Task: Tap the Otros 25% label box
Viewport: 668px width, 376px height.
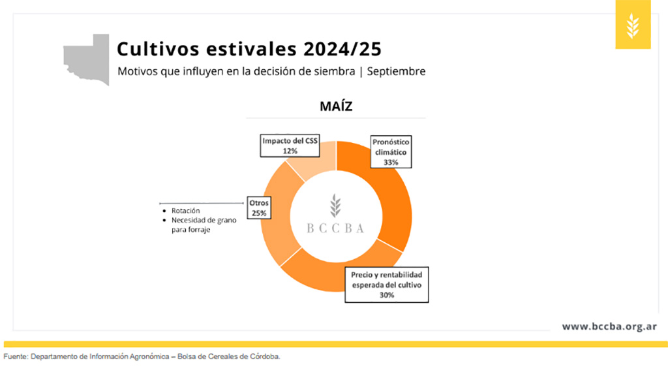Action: pyautogui.click(x=259, y=208)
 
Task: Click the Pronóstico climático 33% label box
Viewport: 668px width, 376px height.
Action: pyautogui.click(x=391, y=151)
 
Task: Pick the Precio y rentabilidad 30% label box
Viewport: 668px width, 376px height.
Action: pyautogui.click(x=386, y=285)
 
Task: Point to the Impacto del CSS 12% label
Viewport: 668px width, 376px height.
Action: pyautogui.click(x=290, y=146)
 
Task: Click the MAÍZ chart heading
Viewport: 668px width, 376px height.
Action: pyautogui.click(x=336, y=106)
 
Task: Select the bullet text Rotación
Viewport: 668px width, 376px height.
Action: pyautogui.click(x=186, y=211)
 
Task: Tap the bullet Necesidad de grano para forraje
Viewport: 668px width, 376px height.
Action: pyautogui.click(x=204, y=225)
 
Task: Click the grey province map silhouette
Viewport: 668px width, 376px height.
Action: pyautogui.click(x=87, y=59)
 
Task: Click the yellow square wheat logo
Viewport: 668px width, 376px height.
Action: pyautogui.click(x=633, y=24)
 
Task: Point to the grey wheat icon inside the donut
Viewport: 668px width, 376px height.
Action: pyautogui.click(x=335, y=206)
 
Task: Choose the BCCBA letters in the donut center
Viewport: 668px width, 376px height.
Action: pyautogui.click(x=336, y=228)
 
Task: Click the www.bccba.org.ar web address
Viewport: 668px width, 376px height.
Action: pyautogui.click(x=609, y=326)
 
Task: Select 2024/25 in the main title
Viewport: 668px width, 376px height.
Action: pyautogui.click(x=342, y=49)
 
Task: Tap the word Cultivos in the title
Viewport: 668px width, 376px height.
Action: pyautogui.click(x=158, y=49)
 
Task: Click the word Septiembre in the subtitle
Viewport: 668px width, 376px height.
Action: pyautogui.click(x=396, y=71)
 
